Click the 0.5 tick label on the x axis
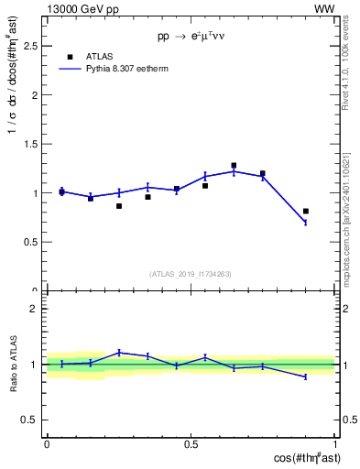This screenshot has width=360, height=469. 191,444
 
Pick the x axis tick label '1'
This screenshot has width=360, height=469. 335,444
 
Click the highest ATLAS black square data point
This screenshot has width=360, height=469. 234,166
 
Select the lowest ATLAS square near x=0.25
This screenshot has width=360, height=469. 119,206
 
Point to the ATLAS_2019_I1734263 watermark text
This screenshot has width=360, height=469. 191,273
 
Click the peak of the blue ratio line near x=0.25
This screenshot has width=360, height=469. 119,352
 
